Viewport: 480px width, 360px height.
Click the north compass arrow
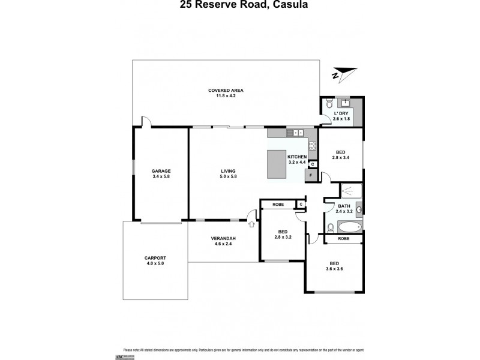click(341, 75)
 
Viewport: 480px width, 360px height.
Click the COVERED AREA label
click(226, 90)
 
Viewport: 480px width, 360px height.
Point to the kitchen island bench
click(277, 164)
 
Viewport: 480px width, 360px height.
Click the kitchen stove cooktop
click(312, 145)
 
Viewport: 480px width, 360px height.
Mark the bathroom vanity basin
click(359, 209)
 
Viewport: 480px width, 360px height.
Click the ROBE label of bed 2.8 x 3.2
click(278, 204)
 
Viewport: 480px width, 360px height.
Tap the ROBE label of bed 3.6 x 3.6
click(343, 238)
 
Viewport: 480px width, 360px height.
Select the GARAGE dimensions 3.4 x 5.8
click(161, 176)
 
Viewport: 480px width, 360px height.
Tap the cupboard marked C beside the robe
click(301, 205)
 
